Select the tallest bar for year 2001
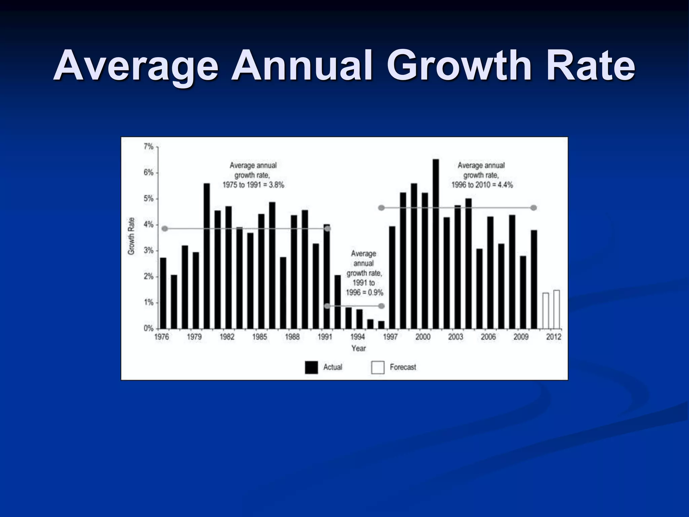pyautogui.click(x=436, y=244)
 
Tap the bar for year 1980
pyautogui.click(x=207, y=256)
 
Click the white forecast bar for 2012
pyautogui.click(x=557, y=309)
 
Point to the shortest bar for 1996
pyautogui.click(x=381, y=325)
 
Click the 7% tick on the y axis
pyautogui.click(x=149, y=147)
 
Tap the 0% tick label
pyautogui.click(x=149, y=329)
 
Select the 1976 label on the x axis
pyautogui.click(x=161, y=337)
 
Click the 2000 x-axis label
pyautogui.click(x=423, y=337)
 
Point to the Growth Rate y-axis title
pyautogui.click(x=131, y=236)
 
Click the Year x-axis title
pyautogui.click(x=358, y=348)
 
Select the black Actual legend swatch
pyautogui.click(x=311, y=368)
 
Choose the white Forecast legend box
pyautogui.click(x=377, y=368)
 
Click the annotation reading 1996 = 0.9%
pyautogui.click(x=364, y=292)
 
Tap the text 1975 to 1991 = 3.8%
pyautogui.click(x=253, y=185)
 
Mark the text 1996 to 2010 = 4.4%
pyautogui.click(x=482, y=185)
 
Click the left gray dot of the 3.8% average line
pyautogui.click(x=165, y=229)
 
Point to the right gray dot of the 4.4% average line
pyautogui.click(x=534, y=208)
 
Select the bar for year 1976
pyautogui.click(x=163, y=293)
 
